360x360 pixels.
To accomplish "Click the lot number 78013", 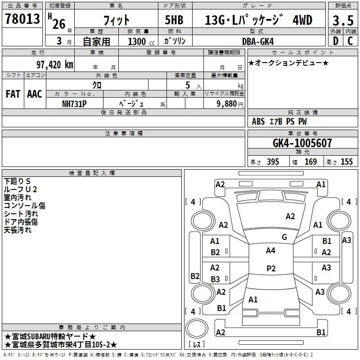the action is pos(22,19).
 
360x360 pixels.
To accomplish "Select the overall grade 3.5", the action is pos(343,20).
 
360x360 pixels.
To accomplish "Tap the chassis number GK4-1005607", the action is pos(302,143).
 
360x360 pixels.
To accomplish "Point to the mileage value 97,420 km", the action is pos(55,65).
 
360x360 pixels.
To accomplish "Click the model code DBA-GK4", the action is pos(258,41).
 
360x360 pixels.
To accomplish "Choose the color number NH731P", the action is pos(74,104).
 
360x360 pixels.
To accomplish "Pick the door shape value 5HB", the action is pos(174,20).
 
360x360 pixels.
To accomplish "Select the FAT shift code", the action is pos(13,94).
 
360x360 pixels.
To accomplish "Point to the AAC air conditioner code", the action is pos(35,94).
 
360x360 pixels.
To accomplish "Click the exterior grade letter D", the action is pos(336,41).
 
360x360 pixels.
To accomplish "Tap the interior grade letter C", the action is pos(350,41).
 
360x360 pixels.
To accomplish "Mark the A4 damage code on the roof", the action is pos(270,251).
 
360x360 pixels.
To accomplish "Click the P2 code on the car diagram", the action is pos(271,268).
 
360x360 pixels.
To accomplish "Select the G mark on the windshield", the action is pos(284,237).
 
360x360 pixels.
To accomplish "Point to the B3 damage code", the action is pos(216,279).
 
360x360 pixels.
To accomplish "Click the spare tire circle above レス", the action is pos(197,328).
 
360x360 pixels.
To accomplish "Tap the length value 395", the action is pos(273,162).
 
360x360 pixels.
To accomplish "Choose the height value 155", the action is pos(346,162).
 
